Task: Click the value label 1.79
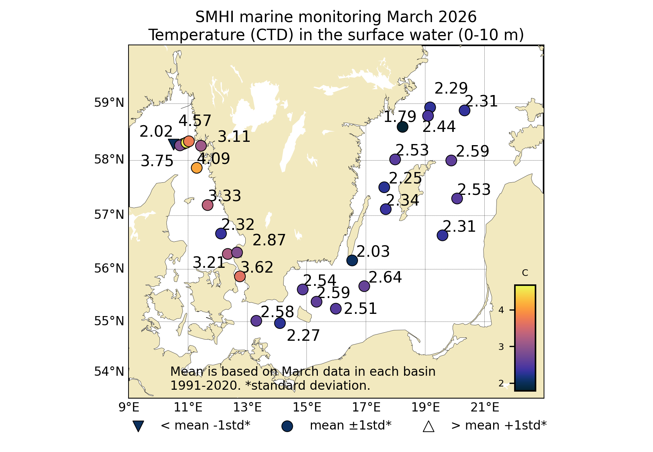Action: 400,117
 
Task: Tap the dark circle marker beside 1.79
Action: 402,127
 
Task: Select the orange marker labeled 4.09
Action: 197,168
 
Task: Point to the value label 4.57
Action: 195,121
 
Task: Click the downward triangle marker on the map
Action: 173,144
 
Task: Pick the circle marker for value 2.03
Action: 352,260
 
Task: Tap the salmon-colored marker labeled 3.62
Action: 240,276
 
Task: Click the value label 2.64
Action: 385,277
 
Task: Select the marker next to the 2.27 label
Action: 280,323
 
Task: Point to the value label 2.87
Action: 269,240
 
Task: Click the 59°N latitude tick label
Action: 109,103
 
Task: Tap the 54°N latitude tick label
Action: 109,371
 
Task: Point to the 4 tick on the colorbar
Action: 501,310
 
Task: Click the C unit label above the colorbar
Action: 525,273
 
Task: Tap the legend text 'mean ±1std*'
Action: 350,425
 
